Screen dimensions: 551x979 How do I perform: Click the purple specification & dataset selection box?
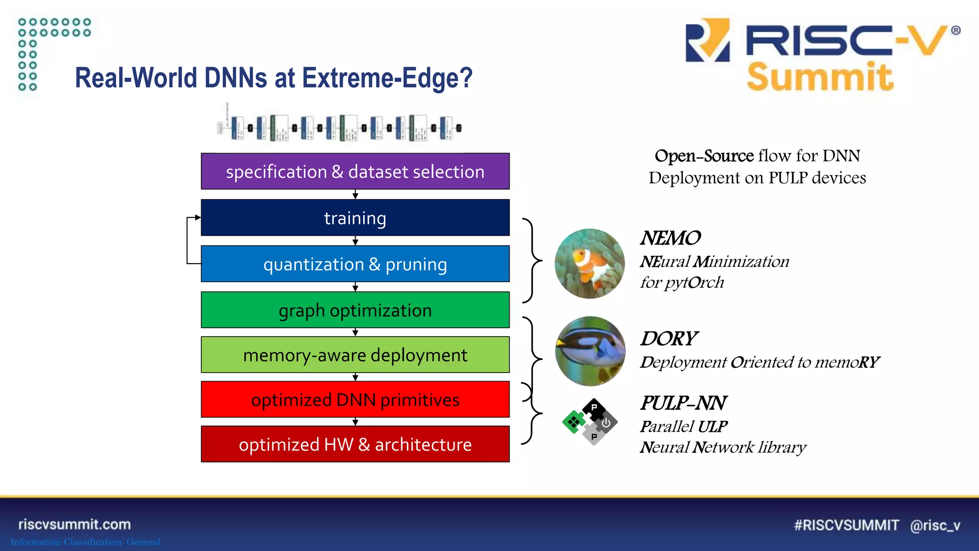[355, 171]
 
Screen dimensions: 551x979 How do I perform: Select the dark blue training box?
[355, 218]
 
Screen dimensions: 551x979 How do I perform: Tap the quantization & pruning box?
[355, 264]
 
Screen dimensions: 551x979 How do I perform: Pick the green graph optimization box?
[355, 310]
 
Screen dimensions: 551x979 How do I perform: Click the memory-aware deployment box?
[355, 355]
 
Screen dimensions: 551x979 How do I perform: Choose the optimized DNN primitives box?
[355, 399]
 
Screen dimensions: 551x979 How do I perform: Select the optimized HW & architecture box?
[355, 444]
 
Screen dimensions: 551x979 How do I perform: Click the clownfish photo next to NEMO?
[590, 264]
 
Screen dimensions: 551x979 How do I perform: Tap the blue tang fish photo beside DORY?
[590, 351]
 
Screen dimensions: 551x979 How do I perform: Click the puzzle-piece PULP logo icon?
[590, 422]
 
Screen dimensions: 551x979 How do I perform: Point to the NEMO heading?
[670, 238]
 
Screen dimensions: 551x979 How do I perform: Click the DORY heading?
[669, 339]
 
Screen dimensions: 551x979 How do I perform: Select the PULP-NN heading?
[683, 403]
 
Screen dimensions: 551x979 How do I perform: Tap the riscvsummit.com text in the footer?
[75, 524]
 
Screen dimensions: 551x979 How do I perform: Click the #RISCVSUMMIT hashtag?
[846, 525]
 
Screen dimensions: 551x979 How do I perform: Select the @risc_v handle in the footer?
[935, 525]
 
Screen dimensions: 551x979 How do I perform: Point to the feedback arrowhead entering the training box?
[198, 218]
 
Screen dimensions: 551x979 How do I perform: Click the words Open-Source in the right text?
[704, 156]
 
